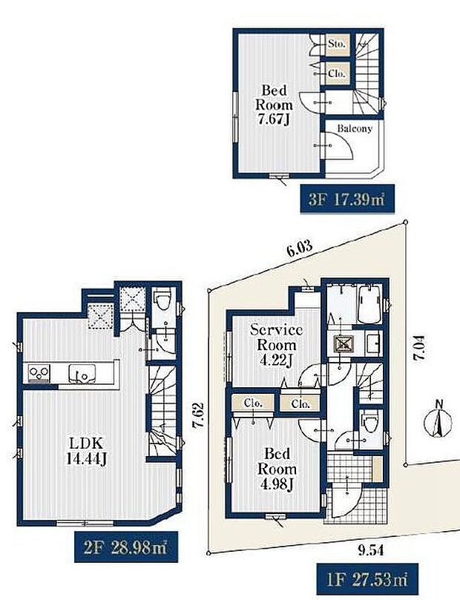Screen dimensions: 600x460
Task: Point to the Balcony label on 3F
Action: click(x=354, y=128)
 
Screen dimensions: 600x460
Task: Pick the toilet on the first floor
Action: click(x=368, y=426)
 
